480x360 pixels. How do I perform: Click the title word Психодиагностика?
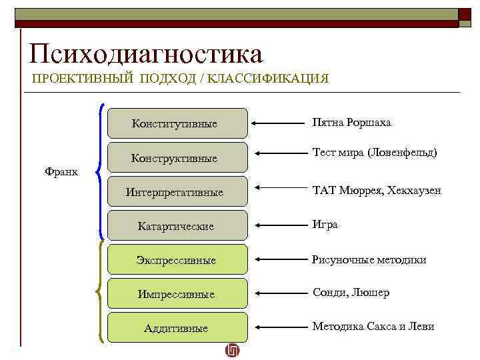pyautogui.click(x=146, y=53)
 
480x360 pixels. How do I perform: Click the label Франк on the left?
pyautogui.click(x=61, y=172)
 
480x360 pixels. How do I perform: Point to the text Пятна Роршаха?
pyautogui.click(x=352, y=123)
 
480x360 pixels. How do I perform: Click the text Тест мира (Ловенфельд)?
pyautogui.click(x=375, y=153)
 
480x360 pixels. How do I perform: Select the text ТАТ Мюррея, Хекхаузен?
pyautogui.click(x=376, y=191)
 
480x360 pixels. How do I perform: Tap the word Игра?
pyautogui.click(x=325, y=225)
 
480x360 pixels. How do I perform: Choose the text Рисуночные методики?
pyautogui.click(x=369, y=259)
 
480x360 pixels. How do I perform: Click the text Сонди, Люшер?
pyautogui.click(x=351, y=293)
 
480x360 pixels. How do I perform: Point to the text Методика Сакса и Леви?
pyautogui.click(x=373, y=327)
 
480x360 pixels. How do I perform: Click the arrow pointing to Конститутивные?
pyautogui.click(x=279, y=123)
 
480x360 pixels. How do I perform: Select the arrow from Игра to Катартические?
pyautogui.click(x=279, y=226)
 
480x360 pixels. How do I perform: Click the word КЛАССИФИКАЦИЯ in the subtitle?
pyautogui.click(x=268, y=78)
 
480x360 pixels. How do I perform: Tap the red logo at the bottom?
pyautogui.click(x=232, y=351)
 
